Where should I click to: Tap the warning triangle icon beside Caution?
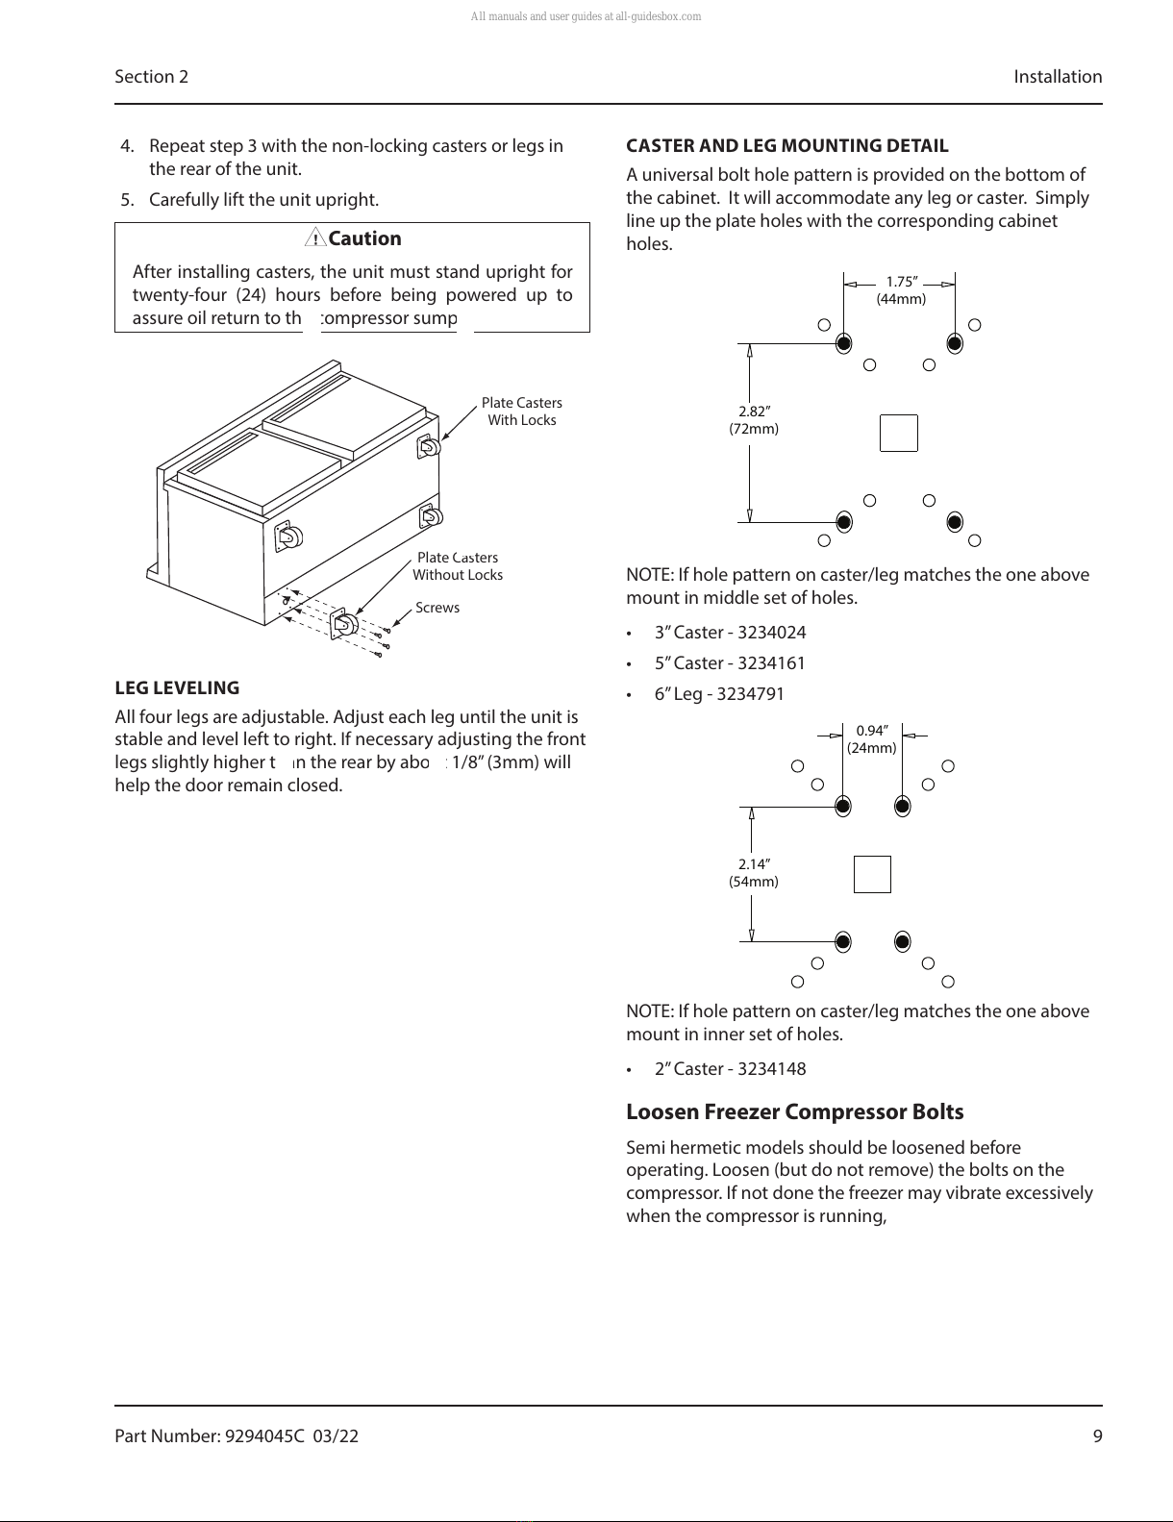coord(315,238)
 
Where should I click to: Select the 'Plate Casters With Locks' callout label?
coord(521,412)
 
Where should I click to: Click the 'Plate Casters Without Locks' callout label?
coord(458,566)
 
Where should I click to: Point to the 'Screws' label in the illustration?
coord(437,608)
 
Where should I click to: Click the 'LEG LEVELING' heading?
coord(177,688)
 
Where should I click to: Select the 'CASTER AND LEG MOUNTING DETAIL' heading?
coord(786,146)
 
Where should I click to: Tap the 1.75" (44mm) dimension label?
coord(901,290)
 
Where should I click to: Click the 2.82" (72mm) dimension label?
coord(754,420)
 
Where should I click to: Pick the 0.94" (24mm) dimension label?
coord(871,739)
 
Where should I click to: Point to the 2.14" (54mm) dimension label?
coord(754,873)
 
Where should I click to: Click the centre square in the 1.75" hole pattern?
coord(899,433)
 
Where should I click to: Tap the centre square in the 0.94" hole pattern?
coord(872,874)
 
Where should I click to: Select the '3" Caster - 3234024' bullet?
coord(730,633)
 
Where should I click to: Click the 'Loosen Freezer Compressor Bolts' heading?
coord(794,1112)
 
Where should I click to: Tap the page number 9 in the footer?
coord(1097,1436)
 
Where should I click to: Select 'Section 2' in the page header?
coord(151,77)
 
